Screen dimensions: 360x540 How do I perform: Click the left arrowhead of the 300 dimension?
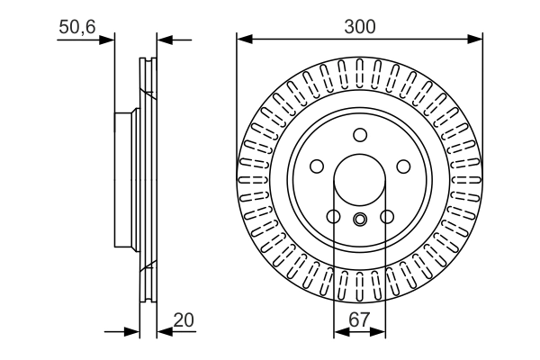(243, 39)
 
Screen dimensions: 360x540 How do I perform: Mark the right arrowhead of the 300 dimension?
(477, 39)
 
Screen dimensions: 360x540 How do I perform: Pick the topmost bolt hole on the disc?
(360, 135)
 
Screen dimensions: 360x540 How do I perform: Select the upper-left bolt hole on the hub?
(317, 166)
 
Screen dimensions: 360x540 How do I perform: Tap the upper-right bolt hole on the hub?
(403, 166)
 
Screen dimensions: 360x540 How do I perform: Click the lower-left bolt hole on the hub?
(333, 217)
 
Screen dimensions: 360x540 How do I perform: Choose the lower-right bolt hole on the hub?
(387, 217)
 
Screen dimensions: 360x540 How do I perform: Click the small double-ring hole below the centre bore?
(360, 219)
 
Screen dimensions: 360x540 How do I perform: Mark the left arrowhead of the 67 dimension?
(339, 332)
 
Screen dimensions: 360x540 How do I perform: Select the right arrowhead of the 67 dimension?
(381, 332)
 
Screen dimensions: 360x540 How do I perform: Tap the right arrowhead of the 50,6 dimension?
(163, 39)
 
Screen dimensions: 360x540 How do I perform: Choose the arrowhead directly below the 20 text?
(163, 332)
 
